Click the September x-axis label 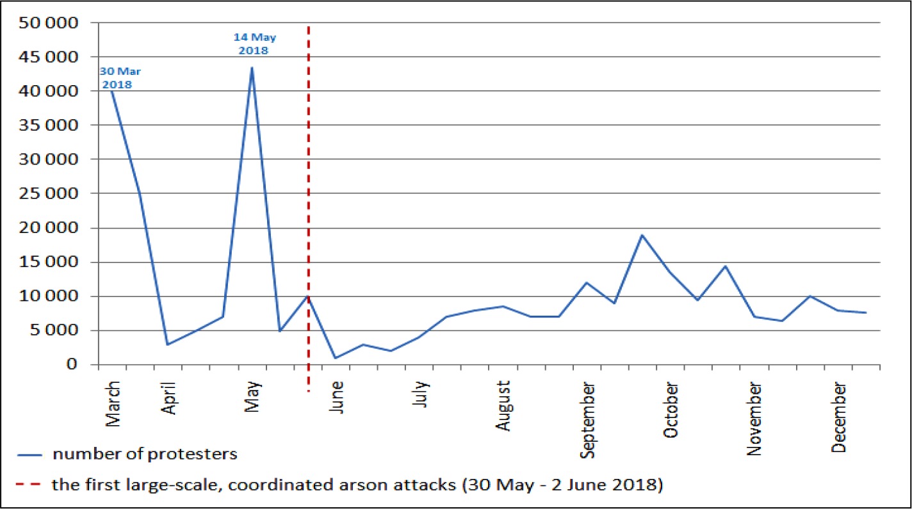588,420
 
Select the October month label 672,410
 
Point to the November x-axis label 756,419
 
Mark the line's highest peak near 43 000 252,67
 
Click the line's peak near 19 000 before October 642,235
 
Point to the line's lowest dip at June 336,358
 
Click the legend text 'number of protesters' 145,455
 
